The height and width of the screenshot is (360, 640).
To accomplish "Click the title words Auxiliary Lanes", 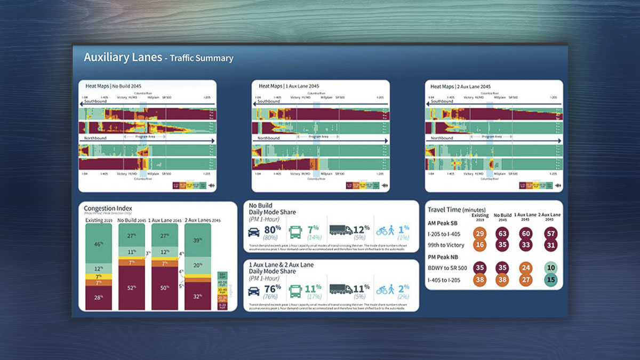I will tap(123, 58).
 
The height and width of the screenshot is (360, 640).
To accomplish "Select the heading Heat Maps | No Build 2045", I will tap(114, 86).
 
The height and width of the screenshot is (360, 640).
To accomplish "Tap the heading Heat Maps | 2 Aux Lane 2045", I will tap(461, 86).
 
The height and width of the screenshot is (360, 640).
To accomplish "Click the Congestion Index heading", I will tap(108, 209).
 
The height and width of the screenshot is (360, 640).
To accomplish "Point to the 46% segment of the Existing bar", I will tap(99, 244).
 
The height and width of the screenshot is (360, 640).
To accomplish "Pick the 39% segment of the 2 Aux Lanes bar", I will tap(198, 241).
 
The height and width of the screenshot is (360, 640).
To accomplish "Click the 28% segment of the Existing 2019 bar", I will tap(99, 296).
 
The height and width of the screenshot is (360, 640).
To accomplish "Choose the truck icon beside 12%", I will tap(340, 230).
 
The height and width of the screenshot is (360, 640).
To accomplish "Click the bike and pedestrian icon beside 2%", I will tap(387, 290).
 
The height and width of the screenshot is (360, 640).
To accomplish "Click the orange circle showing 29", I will tap(479, 233).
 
